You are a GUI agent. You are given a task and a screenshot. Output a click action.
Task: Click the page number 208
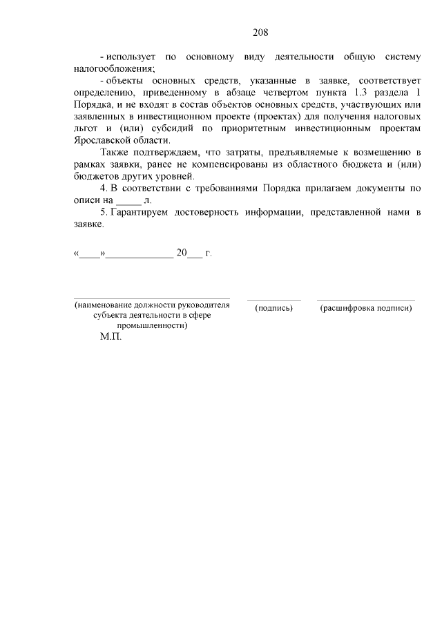[260, 32]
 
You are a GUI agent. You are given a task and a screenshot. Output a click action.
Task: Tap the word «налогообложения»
[113, 68]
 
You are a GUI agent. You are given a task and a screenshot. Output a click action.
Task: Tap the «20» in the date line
[182, 253]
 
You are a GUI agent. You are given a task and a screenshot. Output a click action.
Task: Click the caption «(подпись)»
[274, 308]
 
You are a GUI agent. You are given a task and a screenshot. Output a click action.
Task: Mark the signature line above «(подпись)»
[274, 300]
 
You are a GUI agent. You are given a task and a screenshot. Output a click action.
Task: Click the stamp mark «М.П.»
[110, 339]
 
